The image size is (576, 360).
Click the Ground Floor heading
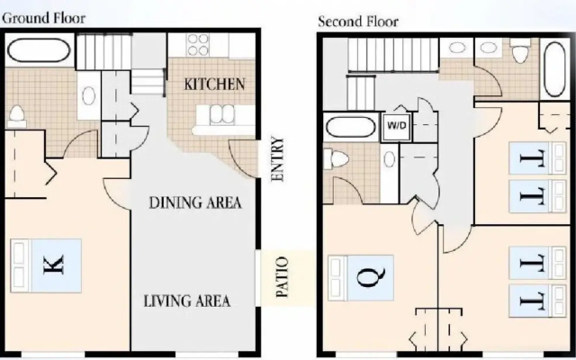click(x=43, y=18)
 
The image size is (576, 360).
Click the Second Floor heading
click(x=358, y=22)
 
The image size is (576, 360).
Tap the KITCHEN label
click(x=214, y=84)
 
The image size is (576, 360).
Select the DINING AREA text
click(x=195, y=202)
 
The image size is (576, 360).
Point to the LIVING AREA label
click(x=187, y=301)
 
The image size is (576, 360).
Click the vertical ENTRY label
click(x=277, y=158)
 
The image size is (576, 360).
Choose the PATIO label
click(x=282, y=277)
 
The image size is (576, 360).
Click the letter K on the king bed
click(x=54, y=265)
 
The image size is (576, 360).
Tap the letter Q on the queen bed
click(x=371, y=277)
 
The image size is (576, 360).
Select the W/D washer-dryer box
click(x=397, y=126)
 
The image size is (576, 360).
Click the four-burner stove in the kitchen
click(x=198, y=45)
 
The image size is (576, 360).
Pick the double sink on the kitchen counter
click(x=222, y=115)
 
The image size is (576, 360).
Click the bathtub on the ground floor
click(x=39, y=50)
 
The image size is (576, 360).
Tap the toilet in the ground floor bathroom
click(x=16, y=116)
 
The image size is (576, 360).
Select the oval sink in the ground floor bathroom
click(x=88, y=95)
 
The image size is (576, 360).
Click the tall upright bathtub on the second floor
click(x=554, y=69)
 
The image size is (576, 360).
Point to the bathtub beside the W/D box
click(x=350, y=128)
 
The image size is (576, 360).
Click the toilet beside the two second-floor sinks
click(x=520, y=50)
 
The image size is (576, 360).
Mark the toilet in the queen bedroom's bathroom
click(x=336, y=159)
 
